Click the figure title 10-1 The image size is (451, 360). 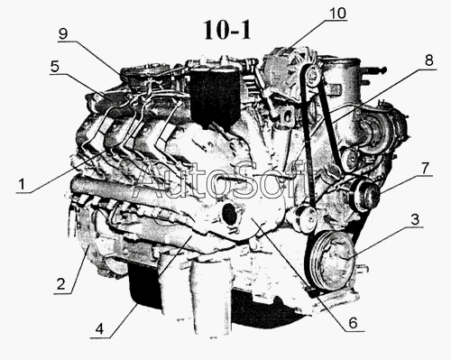point(227,31)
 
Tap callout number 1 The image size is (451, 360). point(22,184)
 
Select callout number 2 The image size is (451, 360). point(61,283)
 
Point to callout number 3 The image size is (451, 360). point(415,219)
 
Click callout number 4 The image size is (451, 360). point(99,329)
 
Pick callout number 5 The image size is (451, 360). point(55,67)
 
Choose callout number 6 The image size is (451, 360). point(353,323)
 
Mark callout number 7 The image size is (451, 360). point(425,169)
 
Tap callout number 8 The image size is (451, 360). point(428,60)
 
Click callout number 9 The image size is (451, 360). point(63,34)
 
